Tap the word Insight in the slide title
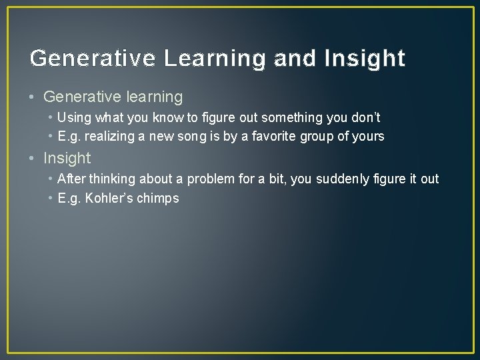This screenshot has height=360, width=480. pyautogui.click(x=365, y=59)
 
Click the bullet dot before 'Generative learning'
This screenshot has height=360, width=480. pyautogui.click(x=33, y=97)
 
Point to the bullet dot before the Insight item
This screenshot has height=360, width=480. pyautogui.click(x=33, y=159)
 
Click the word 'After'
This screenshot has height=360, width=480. pyautogui.click(x=71, y=179)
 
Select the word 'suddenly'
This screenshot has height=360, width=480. pyautogui.click(x=345, y=179)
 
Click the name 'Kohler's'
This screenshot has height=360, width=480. pyautogui.click(x=109, y=198)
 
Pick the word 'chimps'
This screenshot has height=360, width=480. pyautogui.click(x=158, y=198)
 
